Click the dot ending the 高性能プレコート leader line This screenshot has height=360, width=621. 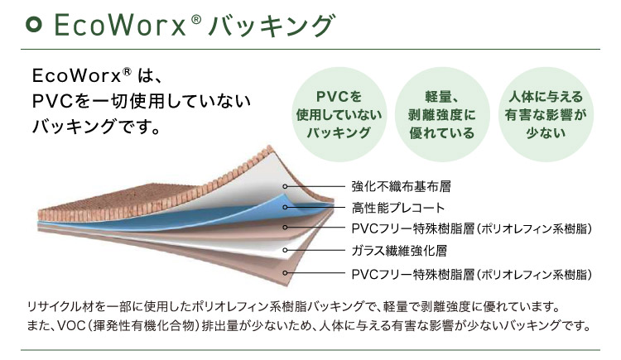pos(287,207)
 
